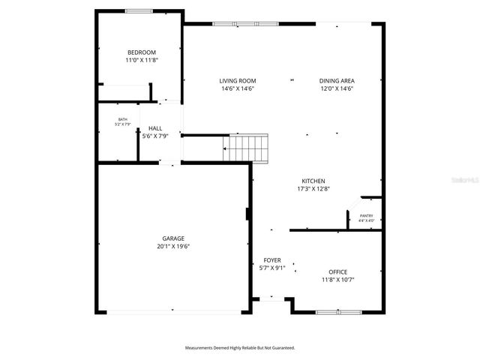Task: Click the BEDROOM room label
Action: [x=142, y=52]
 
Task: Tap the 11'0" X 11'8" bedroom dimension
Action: [x=142, y=60]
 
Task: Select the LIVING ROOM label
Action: [x=238, y=81]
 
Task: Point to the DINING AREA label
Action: [x=337, y=81]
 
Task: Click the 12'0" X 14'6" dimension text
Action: [x=337, y=89]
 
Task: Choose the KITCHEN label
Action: [x=313, y=181]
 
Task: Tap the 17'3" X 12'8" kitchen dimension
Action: [x=313, y=189]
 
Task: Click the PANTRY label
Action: [x=366, y=215]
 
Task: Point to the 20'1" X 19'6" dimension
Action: [x=173, y=246]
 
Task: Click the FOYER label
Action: [x=271, y=259]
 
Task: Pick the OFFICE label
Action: [x=337, y=271]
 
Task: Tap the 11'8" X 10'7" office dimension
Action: [x=337, y=280]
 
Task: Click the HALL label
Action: [x=155, y=128]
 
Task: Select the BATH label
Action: [x=122, y=119]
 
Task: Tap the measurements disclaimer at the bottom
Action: [x=240, y=348]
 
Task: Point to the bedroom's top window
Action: [x=138, y=10]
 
